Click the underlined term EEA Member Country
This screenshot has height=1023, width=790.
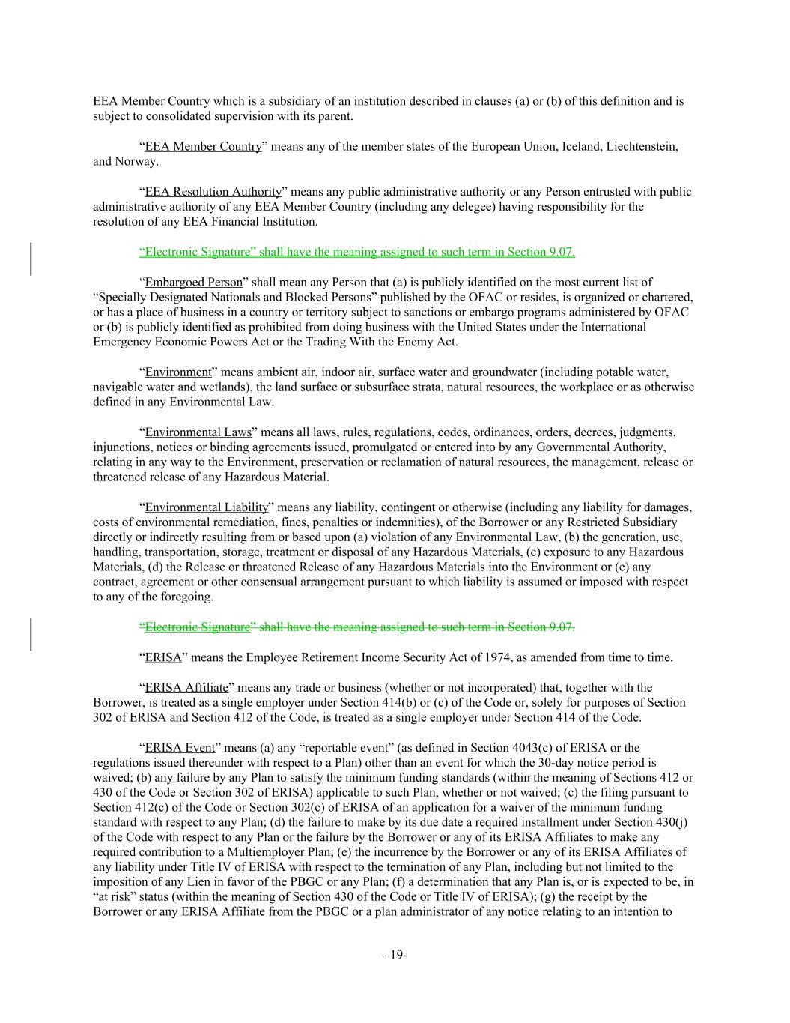tap(203, 146)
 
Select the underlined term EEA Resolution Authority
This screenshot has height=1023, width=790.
tap(213, 192)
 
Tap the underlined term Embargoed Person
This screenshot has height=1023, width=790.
tap(193, 282)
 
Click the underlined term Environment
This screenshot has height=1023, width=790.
tap(178, 372)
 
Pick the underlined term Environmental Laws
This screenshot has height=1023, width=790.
tap(198, 432)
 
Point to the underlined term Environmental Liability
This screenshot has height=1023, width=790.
tap(206, 507)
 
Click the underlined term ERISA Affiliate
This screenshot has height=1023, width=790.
tap(186, 687)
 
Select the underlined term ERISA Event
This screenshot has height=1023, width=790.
tap(180, 747)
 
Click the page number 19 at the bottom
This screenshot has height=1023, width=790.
tap(394, 955)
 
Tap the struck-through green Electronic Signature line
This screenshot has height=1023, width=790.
tap(356, 627)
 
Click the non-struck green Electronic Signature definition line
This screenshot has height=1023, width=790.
tap(356, 252)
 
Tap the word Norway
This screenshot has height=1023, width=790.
tap(136, 161)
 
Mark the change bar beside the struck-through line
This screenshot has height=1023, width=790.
tap(31, 633)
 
